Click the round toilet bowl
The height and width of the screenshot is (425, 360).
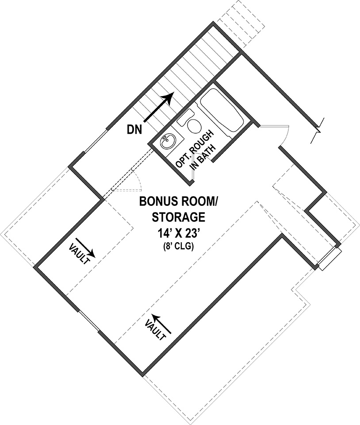pyautogui.click(x=194, y=125)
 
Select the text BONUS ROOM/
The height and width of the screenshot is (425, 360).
pyautogui.click(x=178, y=201)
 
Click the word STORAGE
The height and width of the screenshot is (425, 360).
pyautogui.click(x=178, y=217)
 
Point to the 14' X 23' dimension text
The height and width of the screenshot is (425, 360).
pyautogui.click(x=178, y=233)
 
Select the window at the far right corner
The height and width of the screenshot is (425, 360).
pyautogui.click(x=329, y=259)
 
